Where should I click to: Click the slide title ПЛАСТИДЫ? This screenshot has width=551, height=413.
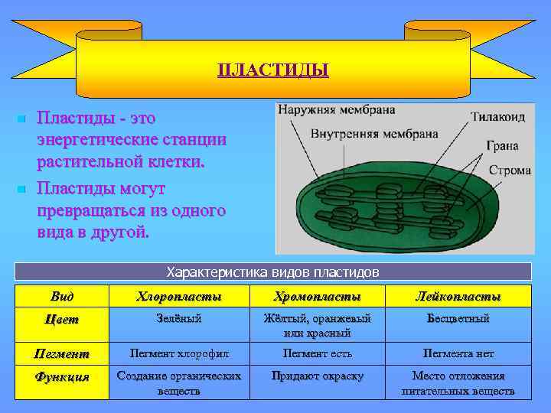(x=273, y=70)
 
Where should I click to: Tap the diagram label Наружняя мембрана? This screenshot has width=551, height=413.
(x=336, y=109)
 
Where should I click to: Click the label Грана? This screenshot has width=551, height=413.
(x=501, y=145)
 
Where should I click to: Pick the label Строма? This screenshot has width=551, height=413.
(x=509, y=170)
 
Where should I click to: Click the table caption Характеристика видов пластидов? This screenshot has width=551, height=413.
(x=273, y=272)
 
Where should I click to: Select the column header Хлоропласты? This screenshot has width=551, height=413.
(x=178, y=296)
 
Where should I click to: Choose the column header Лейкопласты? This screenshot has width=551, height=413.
(x=458, y=296)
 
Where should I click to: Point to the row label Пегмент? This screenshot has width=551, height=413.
(x=63, y=353)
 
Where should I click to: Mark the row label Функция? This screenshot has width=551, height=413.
(x=63, y=376)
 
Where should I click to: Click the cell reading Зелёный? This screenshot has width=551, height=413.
(x=178, y=318)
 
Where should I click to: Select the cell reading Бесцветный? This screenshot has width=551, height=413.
(x=458, y=318)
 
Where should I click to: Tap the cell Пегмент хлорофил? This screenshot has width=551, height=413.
(x=178, y=353)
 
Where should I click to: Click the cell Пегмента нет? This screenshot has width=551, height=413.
(x=458, y=353)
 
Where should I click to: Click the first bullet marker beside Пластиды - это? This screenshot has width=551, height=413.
(x=21, y=119)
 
